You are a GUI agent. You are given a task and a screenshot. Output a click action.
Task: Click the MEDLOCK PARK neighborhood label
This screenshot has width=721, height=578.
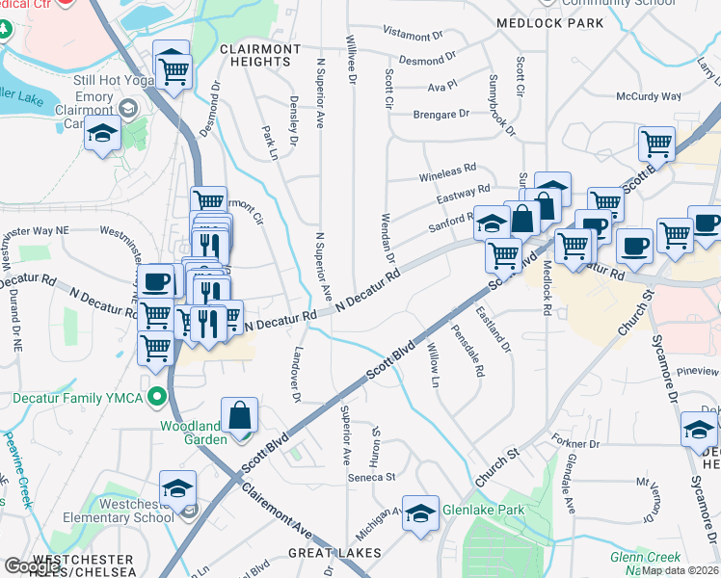tap(549, 23)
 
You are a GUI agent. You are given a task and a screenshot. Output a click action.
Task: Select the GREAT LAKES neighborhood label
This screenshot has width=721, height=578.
tap(334, 553)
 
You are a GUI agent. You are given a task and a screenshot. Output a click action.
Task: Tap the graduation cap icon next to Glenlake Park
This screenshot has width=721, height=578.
tap(420, 513)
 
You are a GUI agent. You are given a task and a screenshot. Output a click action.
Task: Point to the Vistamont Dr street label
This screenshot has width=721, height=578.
tap(413, 34)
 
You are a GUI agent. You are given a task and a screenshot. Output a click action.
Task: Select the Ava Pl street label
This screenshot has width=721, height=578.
tap(441, 86)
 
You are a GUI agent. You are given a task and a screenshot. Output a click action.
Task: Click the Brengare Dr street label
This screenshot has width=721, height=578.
tap(441, 114)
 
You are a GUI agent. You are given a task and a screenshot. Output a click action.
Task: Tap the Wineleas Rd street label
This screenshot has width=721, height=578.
tap(447, 178)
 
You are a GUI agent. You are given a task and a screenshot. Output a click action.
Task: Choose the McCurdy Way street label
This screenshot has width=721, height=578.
tap(649, 96)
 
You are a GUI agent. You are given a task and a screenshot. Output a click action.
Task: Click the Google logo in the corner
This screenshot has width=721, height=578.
tap(32, 566)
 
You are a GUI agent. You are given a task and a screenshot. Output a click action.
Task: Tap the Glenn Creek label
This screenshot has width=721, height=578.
tap(645, 558)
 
